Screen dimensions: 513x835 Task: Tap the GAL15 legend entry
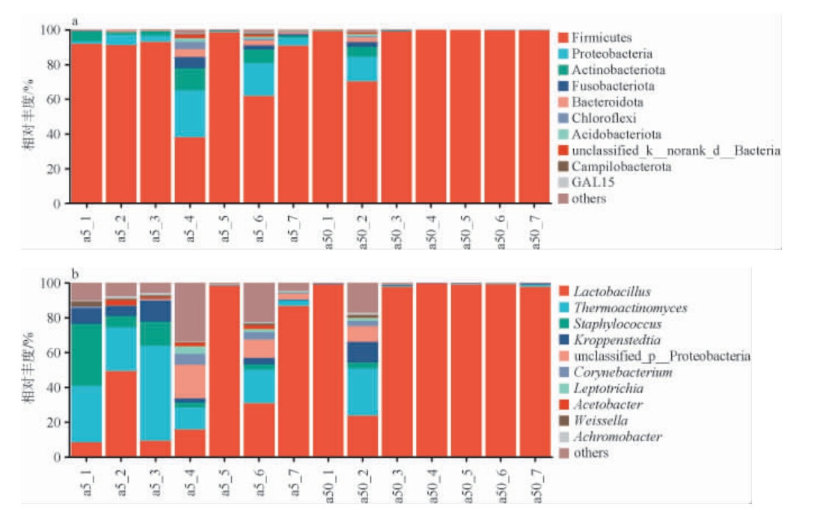click(589, 182)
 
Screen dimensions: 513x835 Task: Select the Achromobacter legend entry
click(617, 437)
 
